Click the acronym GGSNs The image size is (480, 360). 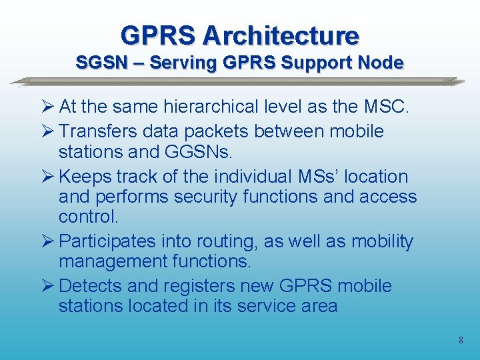(197, 152)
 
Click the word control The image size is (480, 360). (88, 217)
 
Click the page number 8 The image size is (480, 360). (461, 341)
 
